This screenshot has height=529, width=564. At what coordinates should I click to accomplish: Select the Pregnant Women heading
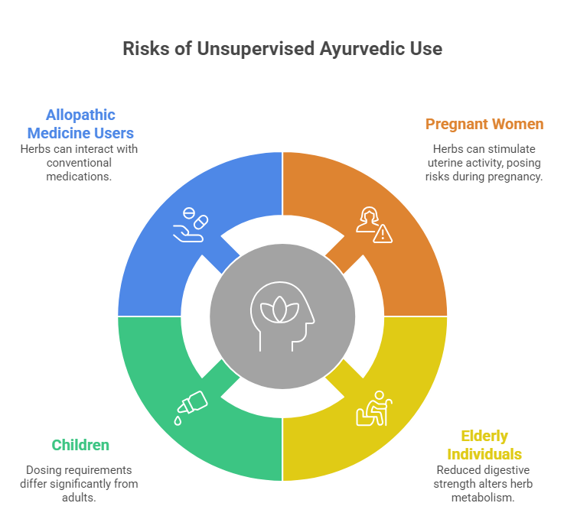point(484,124)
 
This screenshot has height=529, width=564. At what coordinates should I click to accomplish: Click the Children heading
point(80,445)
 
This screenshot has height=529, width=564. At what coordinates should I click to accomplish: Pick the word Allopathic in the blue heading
point(80,115)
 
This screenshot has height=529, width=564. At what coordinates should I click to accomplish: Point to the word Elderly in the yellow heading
point(484,437)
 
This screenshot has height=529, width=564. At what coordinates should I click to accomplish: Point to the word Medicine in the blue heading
point(66,133)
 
